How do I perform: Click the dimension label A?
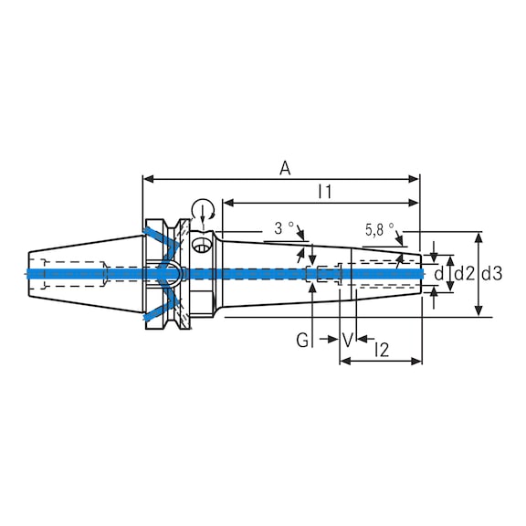click(285, 167)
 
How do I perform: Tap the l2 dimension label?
click(382, 348)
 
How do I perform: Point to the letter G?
click(301, 341)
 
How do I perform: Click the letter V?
click(348, 341)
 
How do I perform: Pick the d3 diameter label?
click(491, 273)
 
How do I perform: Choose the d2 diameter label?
click(464, 273)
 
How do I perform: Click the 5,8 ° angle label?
click(379, 228)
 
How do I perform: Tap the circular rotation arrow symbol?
click(203, 209)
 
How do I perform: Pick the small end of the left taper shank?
click(30, 273)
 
